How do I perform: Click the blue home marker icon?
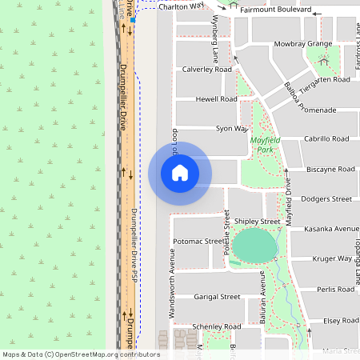click(180, 173)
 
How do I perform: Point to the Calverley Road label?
click(207, 70)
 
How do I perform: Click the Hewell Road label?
click(217, 99)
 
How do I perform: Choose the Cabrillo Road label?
click(326, 138)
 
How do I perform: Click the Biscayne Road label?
click(330, 169)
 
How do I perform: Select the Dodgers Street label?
click(326, 198)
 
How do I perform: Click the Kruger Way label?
click(333, 258)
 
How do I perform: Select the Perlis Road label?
click(335, 289)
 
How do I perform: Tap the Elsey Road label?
click(341, 320)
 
